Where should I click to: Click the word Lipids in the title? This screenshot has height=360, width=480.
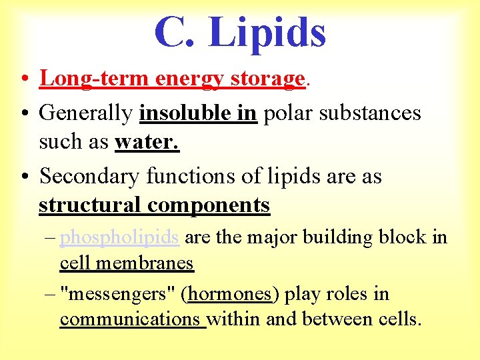pos(267,33)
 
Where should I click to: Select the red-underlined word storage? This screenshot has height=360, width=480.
pos(267,79)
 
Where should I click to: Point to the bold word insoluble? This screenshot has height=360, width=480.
pos(178,113)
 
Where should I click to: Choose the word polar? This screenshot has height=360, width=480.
pos(286,113)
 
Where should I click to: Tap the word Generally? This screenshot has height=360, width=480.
pos(85,113)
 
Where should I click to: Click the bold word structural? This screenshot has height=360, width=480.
pos(90,205)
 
